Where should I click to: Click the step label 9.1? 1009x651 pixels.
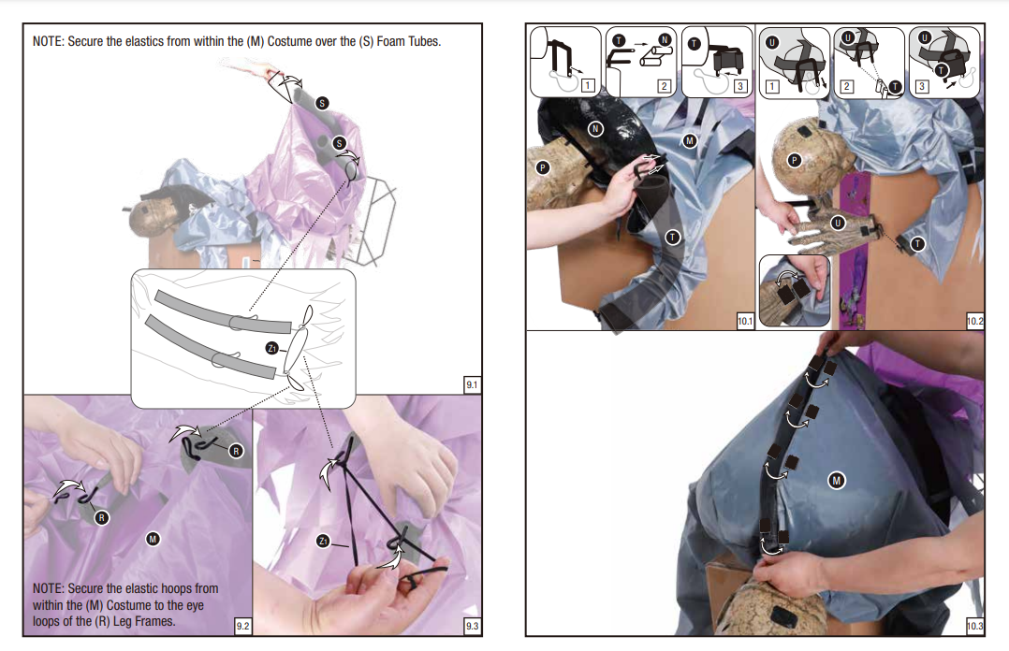473,384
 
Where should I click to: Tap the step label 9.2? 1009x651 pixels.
242,625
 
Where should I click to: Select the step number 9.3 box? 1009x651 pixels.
473,625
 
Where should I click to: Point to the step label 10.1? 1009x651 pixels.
744,320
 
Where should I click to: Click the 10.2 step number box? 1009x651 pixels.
974,320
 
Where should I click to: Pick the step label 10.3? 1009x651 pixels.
974,625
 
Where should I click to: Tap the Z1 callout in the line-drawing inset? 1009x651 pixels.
272,348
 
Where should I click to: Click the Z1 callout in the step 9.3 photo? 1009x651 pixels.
323,541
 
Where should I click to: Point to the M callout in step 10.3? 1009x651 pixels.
836,480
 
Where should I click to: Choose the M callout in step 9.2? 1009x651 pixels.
153,539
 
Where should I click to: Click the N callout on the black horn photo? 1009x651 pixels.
595,129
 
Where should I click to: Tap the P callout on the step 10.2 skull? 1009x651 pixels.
794,160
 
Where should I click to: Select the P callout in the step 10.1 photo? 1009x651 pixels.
543,168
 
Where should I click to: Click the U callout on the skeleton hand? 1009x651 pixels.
837,224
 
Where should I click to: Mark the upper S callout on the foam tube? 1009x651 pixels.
322,103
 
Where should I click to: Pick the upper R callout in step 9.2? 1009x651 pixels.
236,451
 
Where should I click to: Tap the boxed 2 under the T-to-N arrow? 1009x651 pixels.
665,86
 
